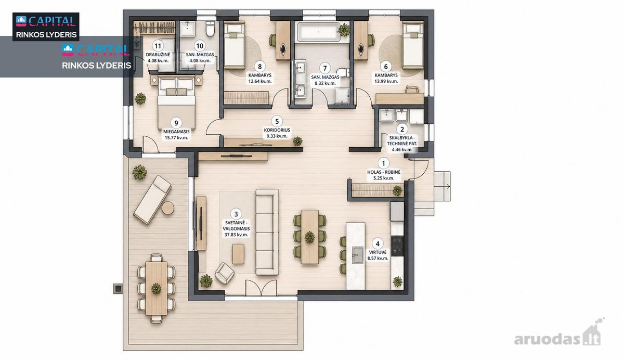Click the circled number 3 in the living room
coord(236,214)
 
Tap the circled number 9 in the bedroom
coord(176,123)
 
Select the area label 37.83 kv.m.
coord(236,235)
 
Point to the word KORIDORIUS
coord(277,130)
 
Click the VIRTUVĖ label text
coord(378,252)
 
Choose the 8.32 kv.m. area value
coord(324,83)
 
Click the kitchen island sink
coord(358,255)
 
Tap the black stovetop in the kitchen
coord(397,246)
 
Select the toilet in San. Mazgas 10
coord(210,30)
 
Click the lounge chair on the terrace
coord(152,199)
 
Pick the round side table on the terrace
coord(168,208)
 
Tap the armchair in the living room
coord(224,273)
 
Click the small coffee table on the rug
coord(238,254)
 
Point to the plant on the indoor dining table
coord(309,237)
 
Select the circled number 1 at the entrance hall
coord(384,163)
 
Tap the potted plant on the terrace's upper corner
coord(139,172)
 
